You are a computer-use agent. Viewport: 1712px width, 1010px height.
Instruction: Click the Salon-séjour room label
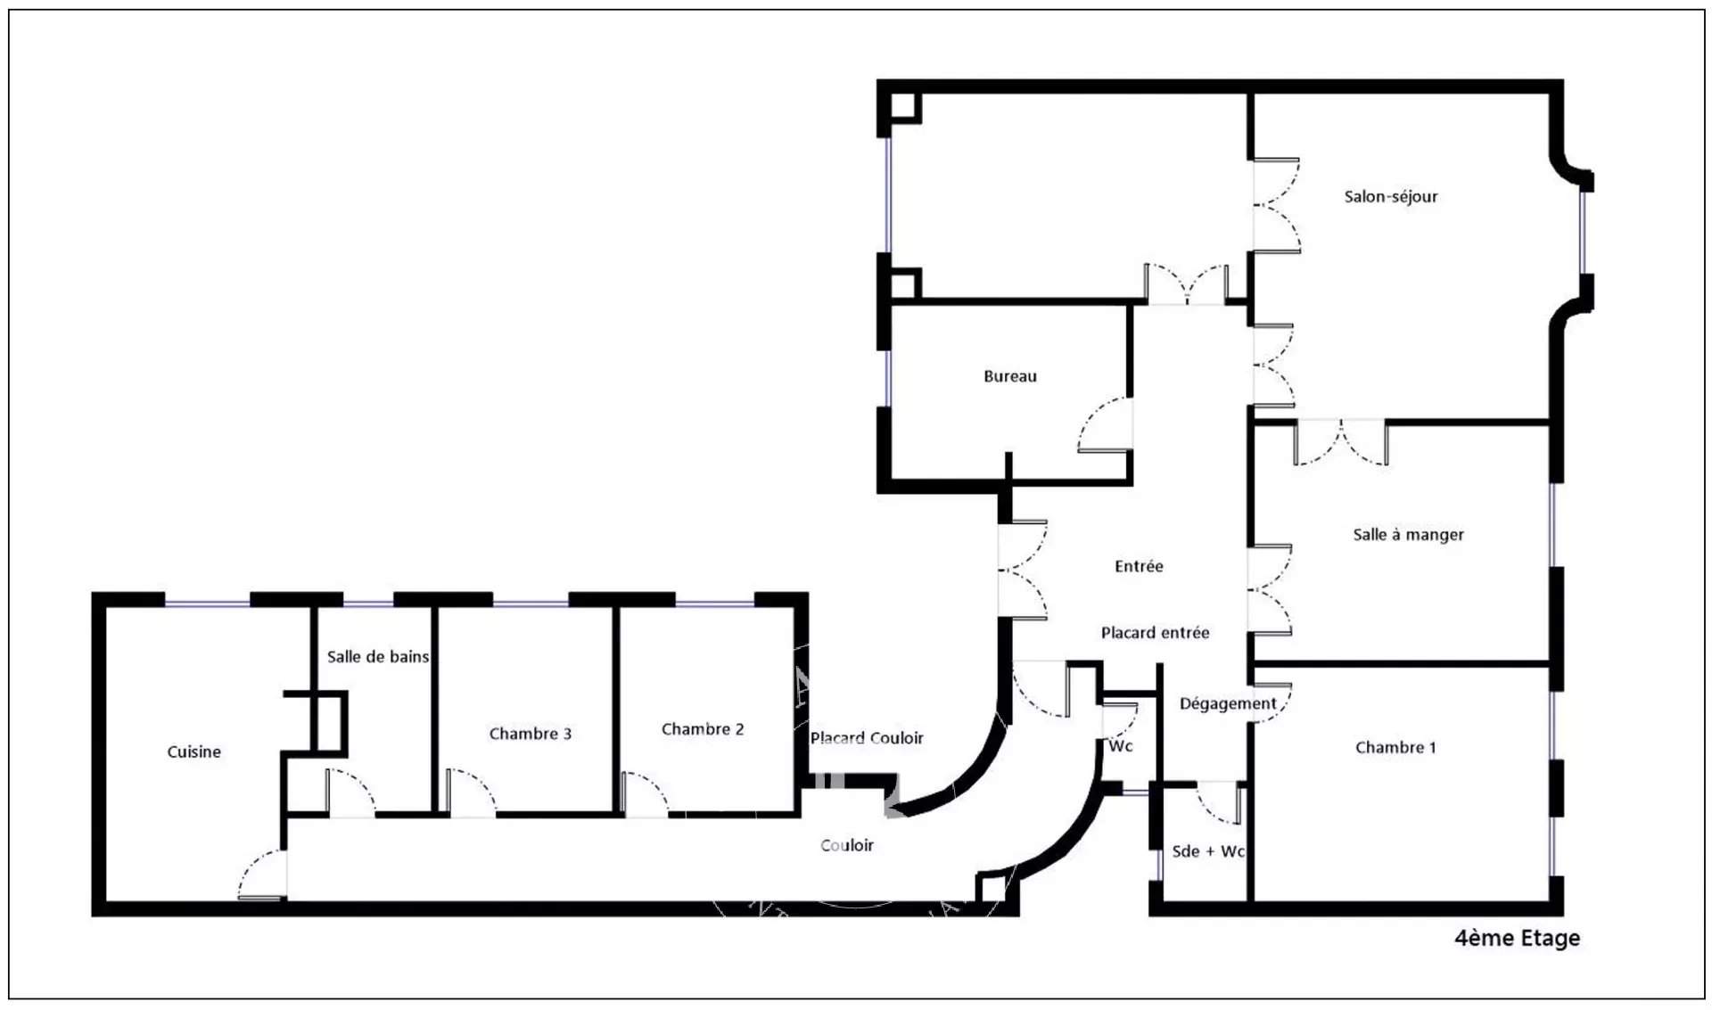coord(1390,197)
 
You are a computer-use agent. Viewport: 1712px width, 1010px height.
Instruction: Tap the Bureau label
coord(1010,376)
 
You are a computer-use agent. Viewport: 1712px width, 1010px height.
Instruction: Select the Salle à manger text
coord(1408,535)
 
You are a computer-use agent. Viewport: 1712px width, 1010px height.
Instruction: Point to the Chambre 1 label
coord(1395,748)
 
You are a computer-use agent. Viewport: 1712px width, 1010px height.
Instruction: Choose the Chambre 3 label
coord(531,734)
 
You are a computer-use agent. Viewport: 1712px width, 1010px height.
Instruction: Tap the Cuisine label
coord(194,751)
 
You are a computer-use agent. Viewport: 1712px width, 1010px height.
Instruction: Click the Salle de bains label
coord(378,657)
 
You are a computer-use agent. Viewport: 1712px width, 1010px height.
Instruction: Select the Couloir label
coord(847,845)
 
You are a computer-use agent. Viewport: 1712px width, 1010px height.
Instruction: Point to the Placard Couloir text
coord(867,738)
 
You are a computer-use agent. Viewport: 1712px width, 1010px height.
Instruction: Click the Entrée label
coord(1139,566)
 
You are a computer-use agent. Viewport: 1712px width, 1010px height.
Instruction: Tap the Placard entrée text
coord(1155,633)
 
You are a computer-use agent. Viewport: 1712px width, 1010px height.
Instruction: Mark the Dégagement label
coord(1228,704)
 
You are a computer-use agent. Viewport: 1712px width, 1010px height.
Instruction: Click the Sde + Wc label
coord(1208,851)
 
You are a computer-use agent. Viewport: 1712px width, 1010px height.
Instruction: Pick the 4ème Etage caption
coord(1517,938)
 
